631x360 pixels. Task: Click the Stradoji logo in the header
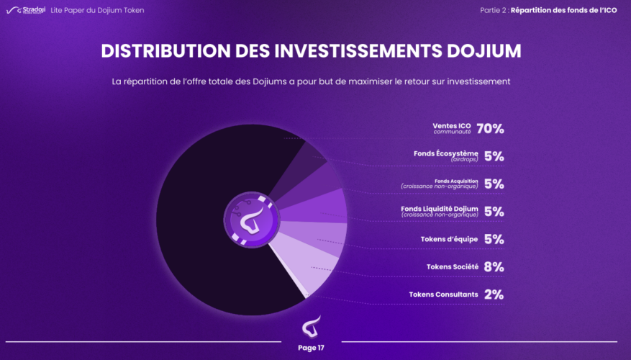click(x=26, y=10)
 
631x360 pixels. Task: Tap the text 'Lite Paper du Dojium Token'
click(x=97, y=10)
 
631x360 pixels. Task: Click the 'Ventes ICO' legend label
click(x=453, y=126)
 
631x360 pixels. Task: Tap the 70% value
click(x=490, y=129)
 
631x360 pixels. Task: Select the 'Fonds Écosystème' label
click(x=445, y=153)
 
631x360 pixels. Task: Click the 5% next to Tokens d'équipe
click(x=494, y=239)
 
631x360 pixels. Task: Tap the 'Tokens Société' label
click(x=453, y=266)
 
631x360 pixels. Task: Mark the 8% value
click(x=494, y=266)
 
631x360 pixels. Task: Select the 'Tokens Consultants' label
click(x=443, y=294)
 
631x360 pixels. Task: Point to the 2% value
click(x=494, y=294)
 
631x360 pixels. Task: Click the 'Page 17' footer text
click(x=311, y=348)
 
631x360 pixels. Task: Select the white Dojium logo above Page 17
click(x=311, y=328)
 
